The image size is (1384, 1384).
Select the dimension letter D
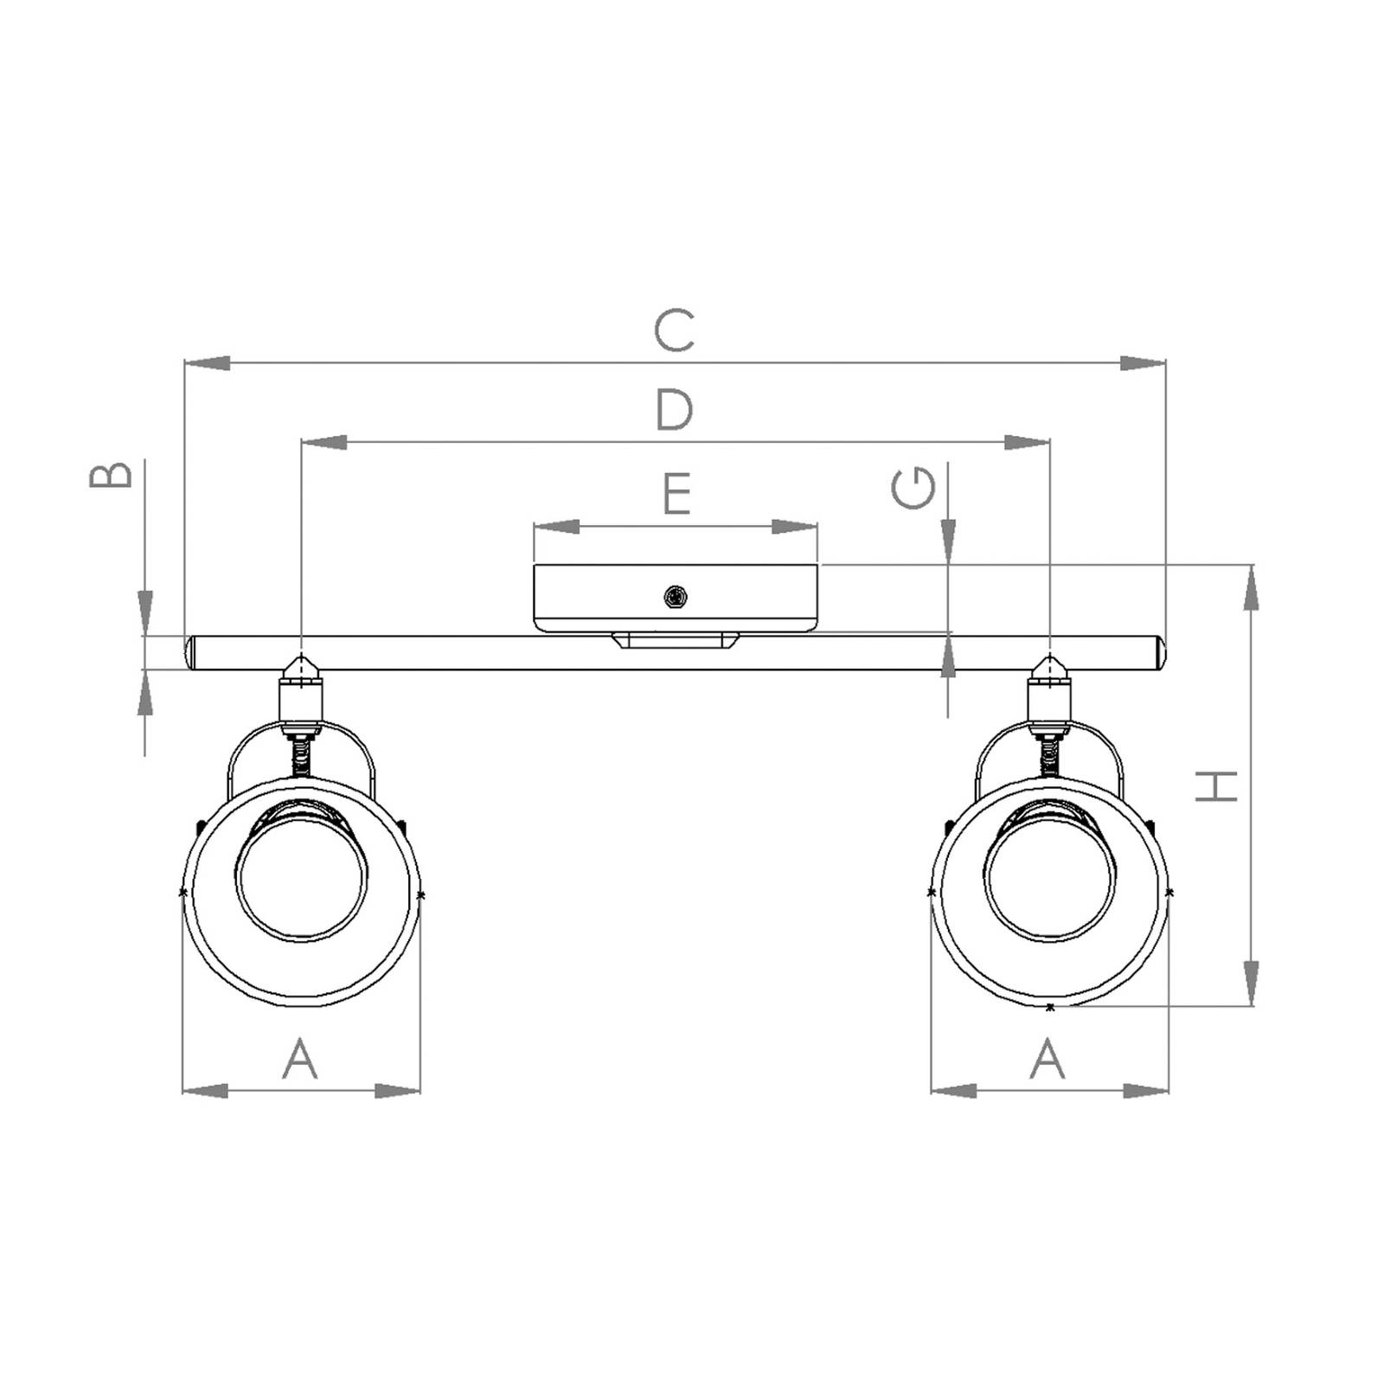point(675,409)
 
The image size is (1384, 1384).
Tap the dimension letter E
point(676,493)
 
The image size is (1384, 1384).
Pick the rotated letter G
point(913,490)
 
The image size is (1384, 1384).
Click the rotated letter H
point(1216,785)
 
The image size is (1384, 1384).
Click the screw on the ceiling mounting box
point(676,596)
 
